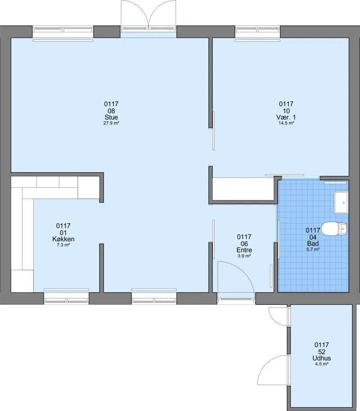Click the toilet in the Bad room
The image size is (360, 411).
(334, 229)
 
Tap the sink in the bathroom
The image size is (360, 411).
(341, 202)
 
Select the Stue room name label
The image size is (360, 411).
(111, 117)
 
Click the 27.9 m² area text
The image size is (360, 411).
(111, 123)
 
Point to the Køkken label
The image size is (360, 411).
(63, 239)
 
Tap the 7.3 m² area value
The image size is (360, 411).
(63, 245)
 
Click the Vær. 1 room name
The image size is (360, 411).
(286, 117)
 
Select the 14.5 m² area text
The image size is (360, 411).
(286, 123)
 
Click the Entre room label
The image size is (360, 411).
(244, 250)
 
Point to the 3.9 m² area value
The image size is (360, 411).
(244, 256)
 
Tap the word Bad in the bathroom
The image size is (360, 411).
(313, 244)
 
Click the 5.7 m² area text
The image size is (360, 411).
(313, 249)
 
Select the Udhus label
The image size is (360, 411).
(321, 358)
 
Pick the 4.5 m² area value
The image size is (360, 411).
(321, 364)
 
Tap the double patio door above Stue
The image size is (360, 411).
(148, 14)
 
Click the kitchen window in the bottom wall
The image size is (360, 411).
(67, 299)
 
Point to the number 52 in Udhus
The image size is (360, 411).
(321, 352)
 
